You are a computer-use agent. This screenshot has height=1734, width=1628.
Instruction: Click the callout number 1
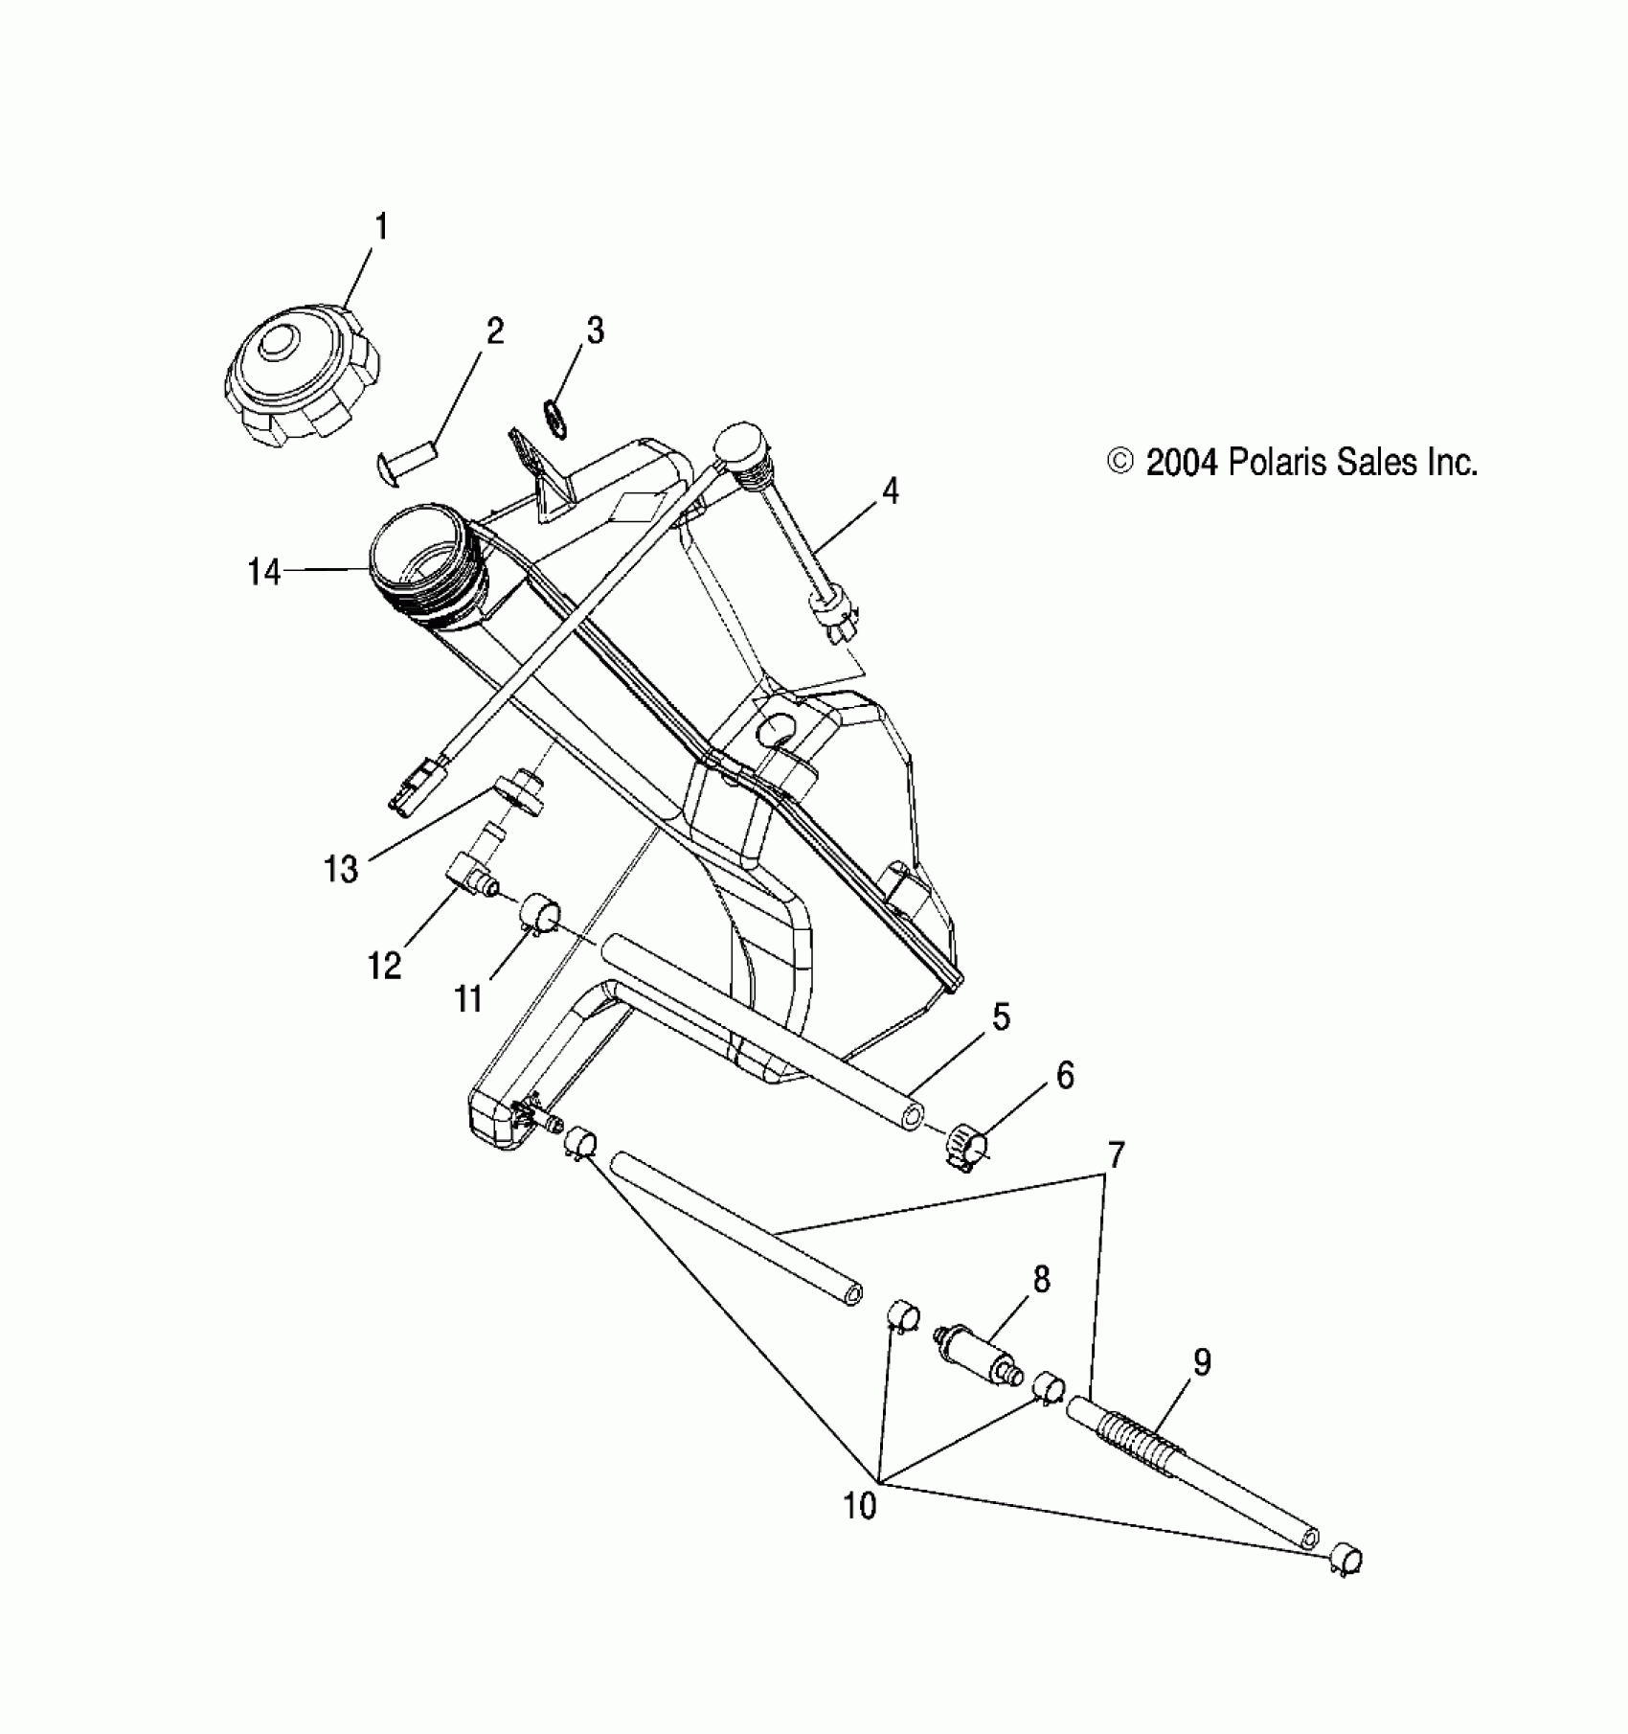(381, 228)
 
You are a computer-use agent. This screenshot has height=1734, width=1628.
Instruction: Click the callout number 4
(891, 492)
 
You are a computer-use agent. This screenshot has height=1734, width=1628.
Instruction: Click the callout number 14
(264, 573)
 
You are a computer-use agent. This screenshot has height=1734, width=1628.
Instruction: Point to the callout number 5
(1000, 1017)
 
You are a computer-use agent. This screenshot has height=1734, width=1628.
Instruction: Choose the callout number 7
(1115, 1155)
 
